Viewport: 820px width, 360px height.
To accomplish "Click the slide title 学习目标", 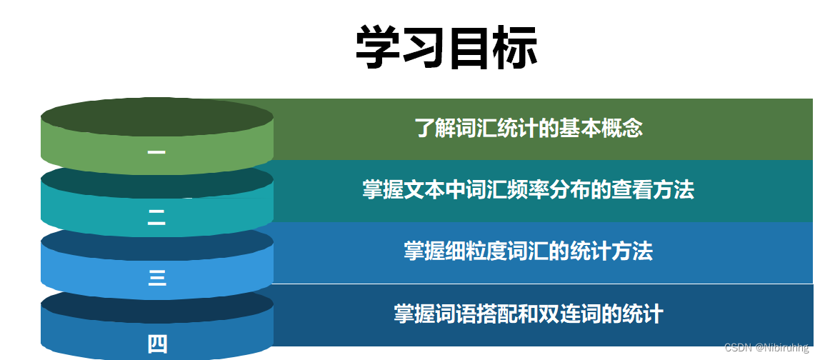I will click(446, 48).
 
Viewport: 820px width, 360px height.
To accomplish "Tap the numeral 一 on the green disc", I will click(156, 152).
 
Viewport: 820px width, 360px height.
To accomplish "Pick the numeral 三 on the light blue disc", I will click(157, 277).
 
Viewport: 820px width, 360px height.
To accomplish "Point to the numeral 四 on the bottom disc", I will click(157, 344).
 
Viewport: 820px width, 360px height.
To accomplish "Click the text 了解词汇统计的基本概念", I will click(529, 128).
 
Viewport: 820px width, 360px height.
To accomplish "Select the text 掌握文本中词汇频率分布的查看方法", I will click(529, 189).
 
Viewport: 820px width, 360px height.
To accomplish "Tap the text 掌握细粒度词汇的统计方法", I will click(529, 251).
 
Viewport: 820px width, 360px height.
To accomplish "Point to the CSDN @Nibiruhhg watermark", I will click(771, 348).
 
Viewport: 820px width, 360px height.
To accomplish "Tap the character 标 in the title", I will click(515, 48).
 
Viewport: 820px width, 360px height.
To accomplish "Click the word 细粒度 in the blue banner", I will click(482, 251).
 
